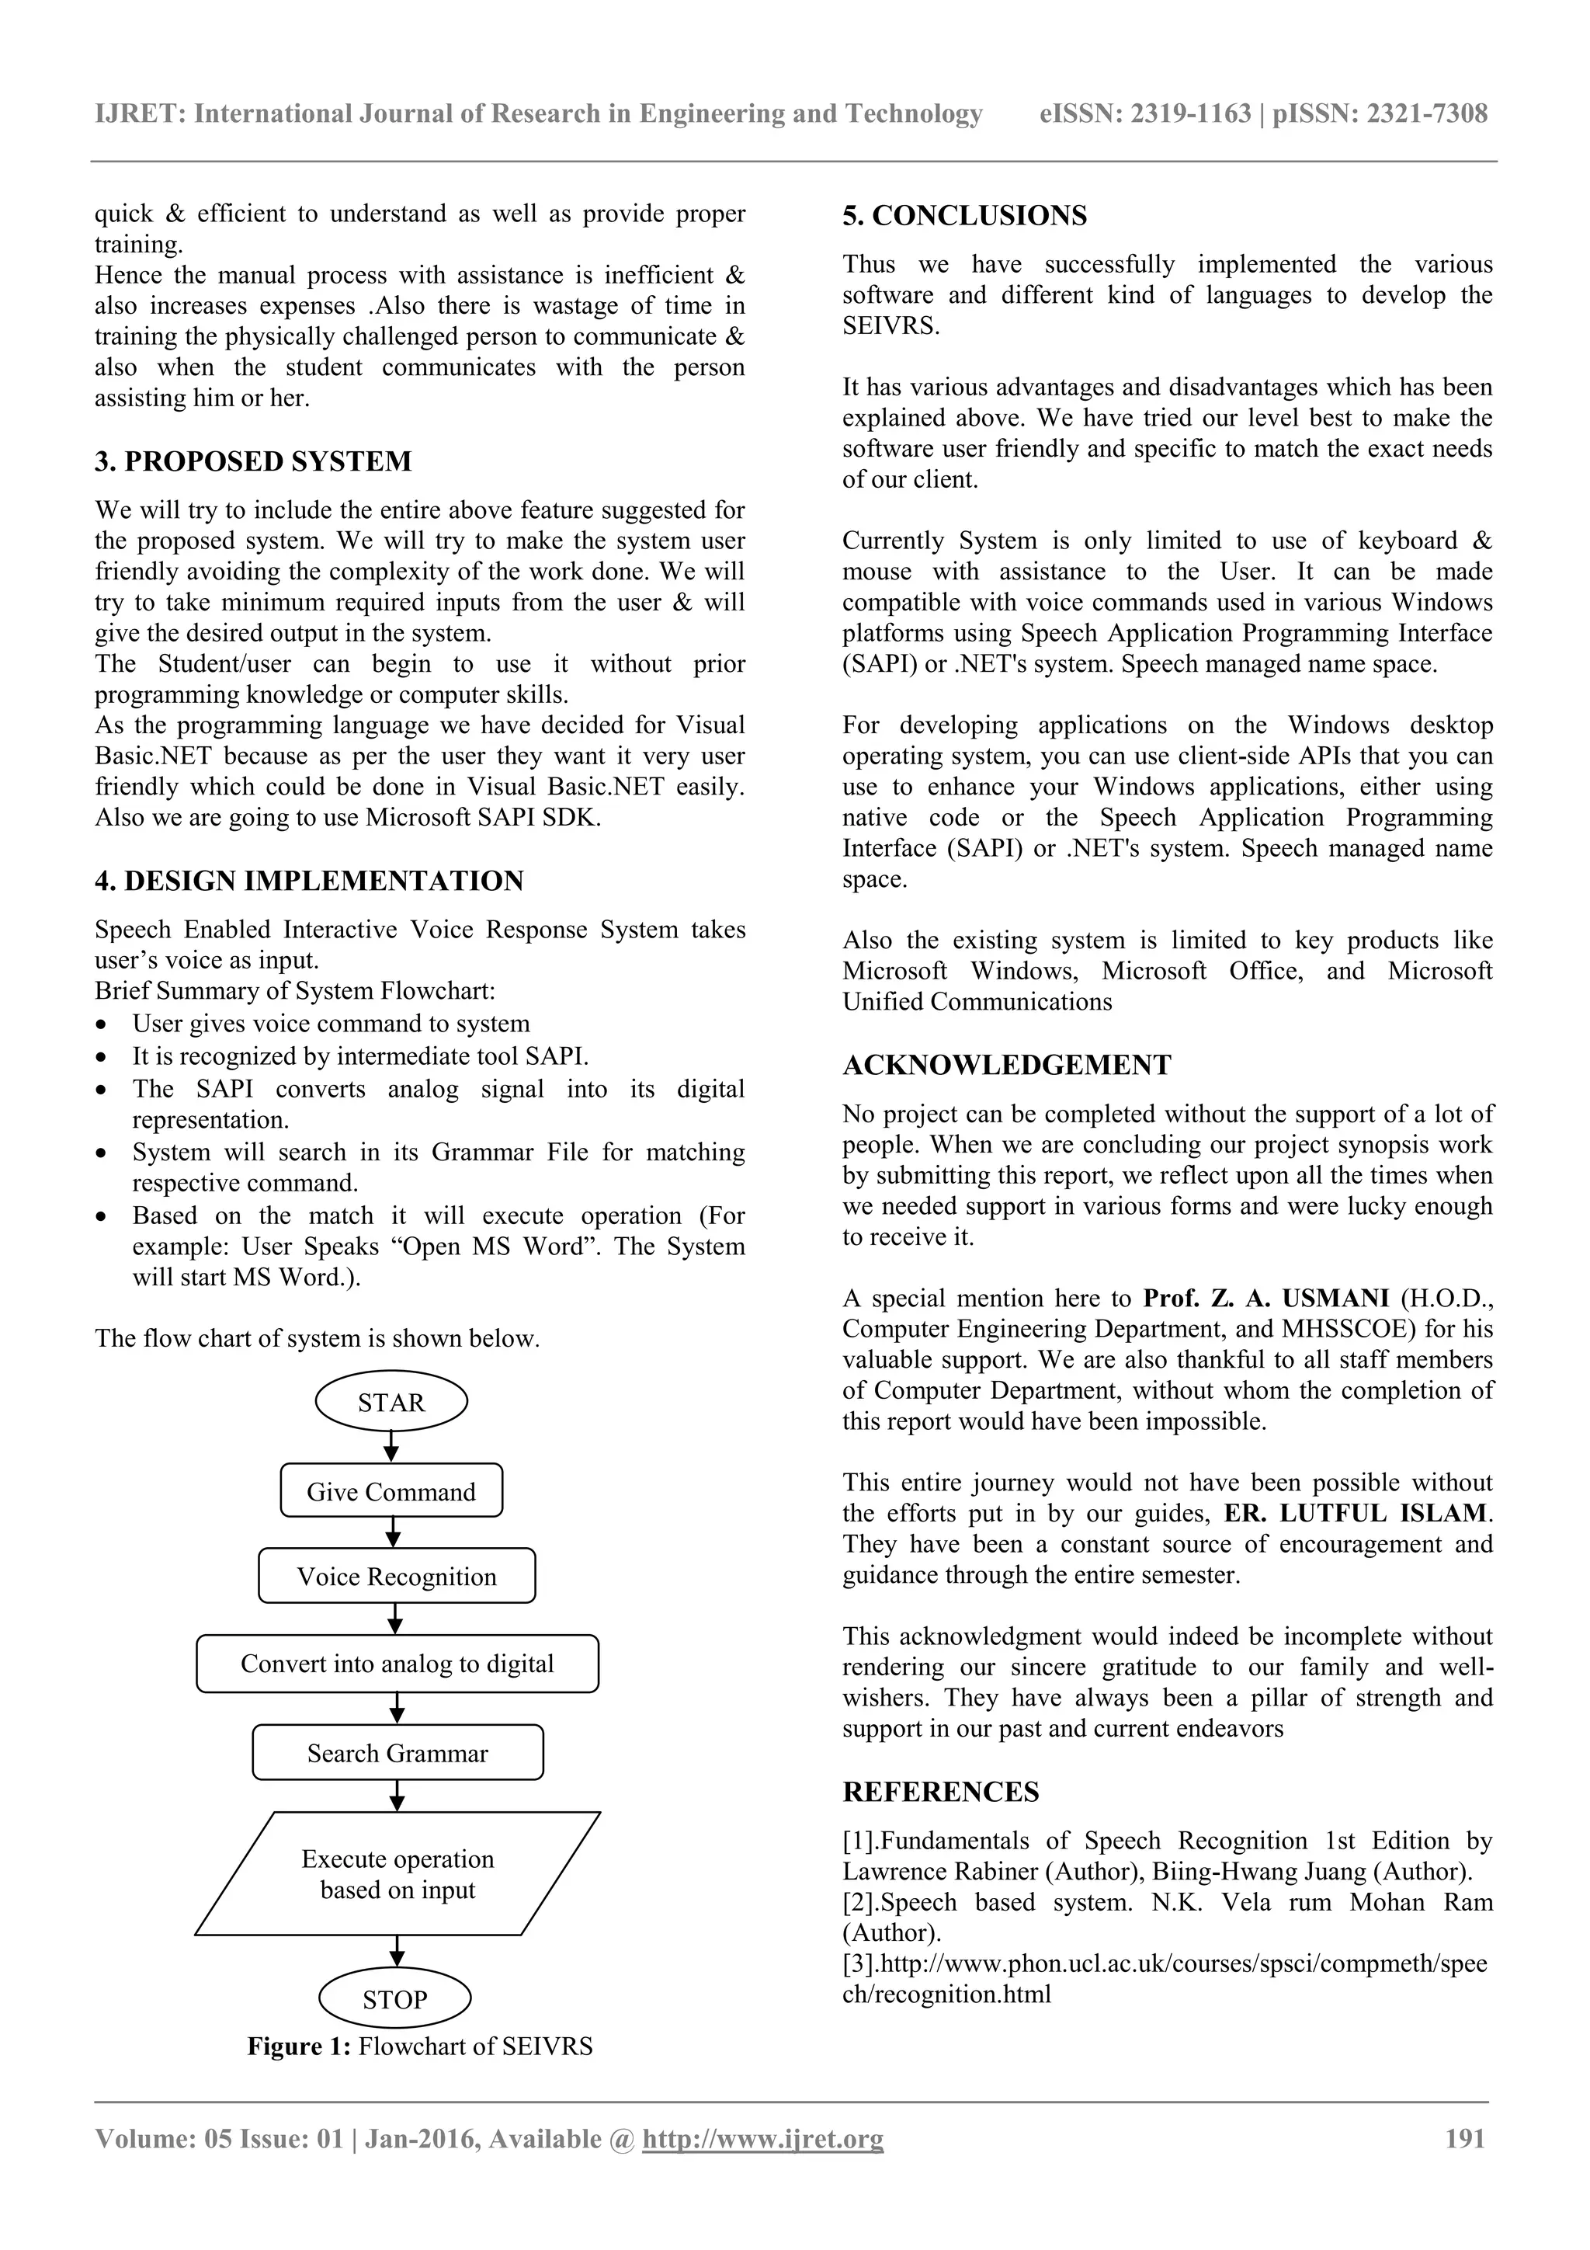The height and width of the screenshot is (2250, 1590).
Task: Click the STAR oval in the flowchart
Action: coord(391,1403)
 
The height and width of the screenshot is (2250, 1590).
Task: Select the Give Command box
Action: coord(391,1491)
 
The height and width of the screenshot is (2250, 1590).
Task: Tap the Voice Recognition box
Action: coord(397,1576)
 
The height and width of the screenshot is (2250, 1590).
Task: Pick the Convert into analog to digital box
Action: coord(397,1663)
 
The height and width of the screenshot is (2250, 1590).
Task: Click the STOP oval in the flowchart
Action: coord(395,1999)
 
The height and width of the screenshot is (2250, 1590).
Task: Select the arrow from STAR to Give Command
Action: coord(391,1445)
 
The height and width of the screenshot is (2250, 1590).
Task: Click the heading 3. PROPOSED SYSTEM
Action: coord(253,461)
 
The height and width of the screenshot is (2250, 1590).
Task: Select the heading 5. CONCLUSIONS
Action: coord(964,216)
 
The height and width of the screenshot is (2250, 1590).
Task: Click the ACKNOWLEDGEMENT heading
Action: coord(1006,1066)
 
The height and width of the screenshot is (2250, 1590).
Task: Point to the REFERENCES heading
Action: coord(940,1793)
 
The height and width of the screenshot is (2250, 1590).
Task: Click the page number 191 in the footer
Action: coord(1464,2138)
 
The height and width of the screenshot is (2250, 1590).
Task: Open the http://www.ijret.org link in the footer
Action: coord(762,2138)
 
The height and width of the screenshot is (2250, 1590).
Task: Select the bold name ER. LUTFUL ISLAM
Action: coord(1355,1513)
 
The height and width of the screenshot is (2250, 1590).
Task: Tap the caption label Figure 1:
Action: coord(299,2047)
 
